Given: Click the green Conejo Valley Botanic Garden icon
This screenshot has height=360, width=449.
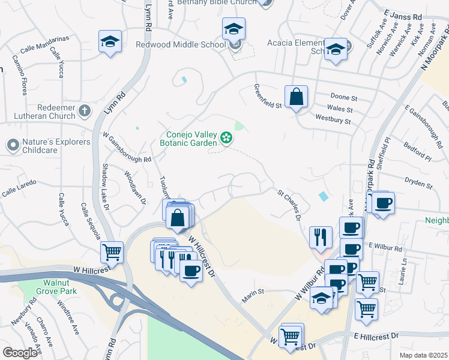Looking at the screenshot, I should [x=226, y=139].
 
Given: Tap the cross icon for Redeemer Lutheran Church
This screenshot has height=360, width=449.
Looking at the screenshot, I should [x=85, y=110].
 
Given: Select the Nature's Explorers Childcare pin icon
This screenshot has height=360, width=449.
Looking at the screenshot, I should [x=12, y=145].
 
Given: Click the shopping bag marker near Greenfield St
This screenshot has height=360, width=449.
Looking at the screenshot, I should [x=296, y=97].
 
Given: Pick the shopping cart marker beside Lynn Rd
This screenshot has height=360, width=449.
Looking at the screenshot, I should [x=112, y=253].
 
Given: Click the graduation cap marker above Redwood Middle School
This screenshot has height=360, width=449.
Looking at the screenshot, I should [x=234, y=29].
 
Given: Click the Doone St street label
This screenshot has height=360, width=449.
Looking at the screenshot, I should [x=344, y=97].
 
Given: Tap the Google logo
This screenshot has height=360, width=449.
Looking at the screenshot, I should [x=20, y=353].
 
